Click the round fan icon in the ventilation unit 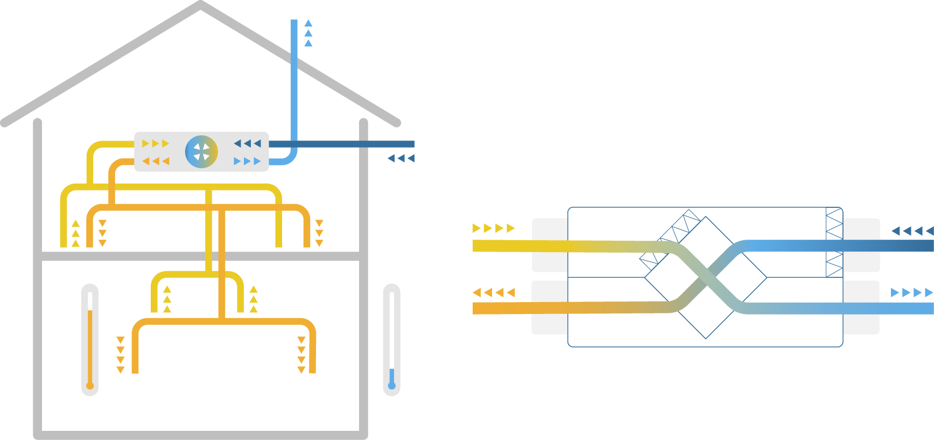[201, 151]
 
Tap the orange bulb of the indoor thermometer [90, 386]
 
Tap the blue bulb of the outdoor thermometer [392, 386]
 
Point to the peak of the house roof [200, 5]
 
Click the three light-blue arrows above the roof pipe [308, 33]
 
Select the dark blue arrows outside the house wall [401, 158]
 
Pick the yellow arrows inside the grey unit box [156, 143]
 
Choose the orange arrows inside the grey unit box [156, 161]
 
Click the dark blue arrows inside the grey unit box [248, 143]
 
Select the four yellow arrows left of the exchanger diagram [494, 228]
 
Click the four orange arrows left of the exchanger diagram [494, 292]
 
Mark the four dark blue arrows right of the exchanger [912, 231]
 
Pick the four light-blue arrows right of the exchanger [911, 292]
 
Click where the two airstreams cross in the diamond [706, 277]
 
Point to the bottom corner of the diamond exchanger [706, 338]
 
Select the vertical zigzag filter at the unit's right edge [834, 242]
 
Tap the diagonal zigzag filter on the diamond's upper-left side [670, 237]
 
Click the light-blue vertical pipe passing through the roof [294, 81]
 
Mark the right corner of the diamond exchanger [766, 277]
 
